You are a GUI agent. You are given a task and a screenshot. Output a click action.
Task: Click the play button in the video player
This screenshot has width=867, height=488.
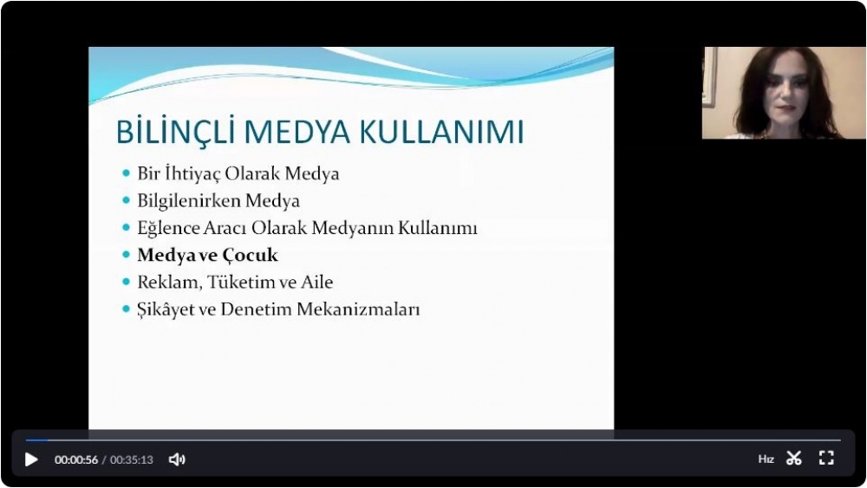click(31, 459)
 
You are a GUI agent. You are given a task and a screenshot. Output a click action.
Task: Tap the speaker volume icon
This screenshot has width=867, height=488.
click(177, 459)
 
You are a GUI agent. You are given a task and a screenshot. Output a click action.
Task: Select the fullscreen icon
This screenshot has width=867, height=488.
click(826, 459)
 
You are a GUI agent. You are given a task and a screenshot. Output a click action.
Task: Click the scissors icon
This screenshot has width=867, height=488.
click(794, 459)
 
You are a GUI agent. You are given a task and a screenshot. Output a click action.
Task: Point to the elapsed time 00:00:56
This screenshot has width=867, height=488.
click(75, 459)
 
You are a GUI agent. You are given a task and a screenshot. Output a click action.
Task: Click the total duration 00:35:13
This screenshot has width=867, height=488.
click(132, 459)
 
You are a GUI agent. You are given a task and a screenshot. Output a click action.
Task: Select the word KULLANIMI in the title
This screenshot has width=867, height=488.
click(441, 132)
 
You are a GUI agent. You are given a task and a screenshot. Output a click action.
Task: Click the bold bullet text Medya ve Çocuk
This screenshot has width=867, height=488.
click(207, 255)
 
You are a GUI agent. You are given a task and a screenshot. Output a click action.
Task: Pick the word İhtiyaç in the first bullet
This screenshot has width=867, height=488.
click(192, 174)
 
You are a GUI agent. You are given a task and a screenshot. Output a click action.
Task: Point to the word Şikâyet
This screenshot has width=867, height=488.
click(167, 309)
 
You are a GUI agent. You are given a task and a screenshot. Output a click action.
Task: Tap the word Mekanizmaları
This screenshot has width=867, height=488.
click(358, 309)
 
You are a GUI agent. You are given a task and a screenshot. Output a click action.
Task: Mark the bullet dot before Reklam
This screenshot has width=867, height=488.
click(126, 282)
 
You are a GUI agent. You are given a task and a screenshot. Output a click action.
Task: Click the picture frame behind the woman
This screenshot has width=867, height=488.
click(709, 77)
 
